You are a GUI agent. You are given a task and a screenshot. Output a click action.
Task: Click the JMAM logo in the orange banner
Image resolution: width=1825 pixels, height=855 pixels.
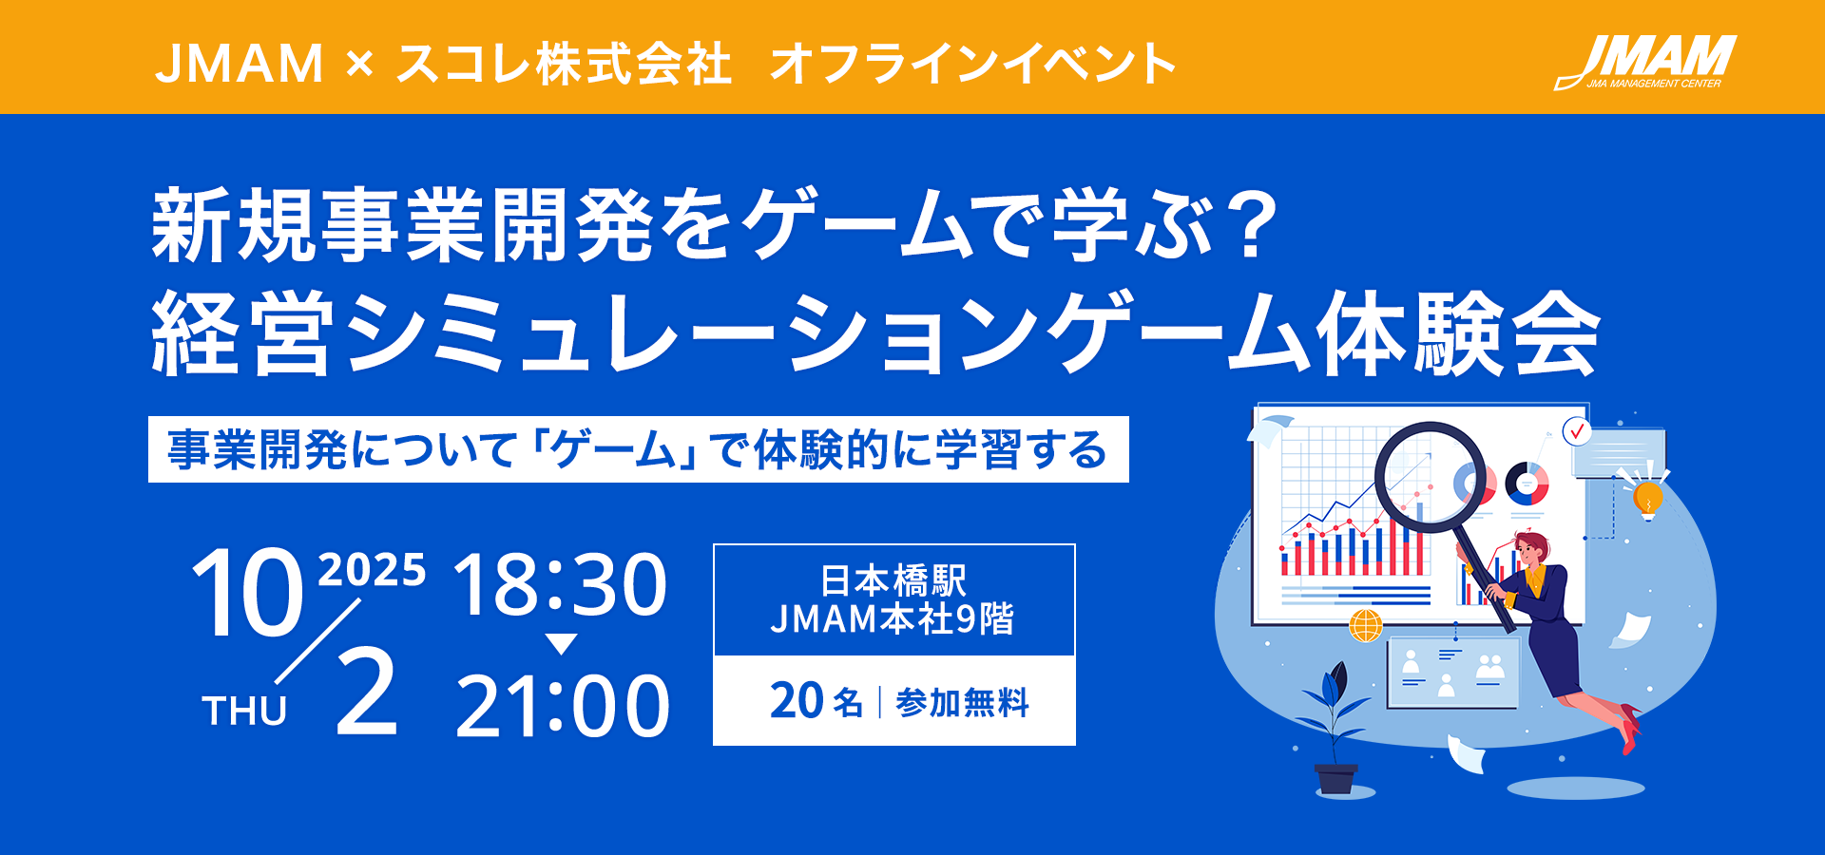point(1645,63)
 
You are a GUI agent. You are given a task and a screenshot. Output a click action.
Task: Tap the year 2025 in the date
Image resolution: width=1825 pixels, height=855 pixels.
point(372,570)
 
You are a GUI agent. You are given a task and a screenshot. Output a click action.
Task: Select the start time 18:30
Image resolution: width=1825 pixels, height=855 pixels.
point(561,584)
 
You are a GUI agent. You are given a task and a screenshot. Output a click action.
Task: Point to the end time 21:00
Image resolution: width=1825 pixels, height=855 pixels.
point(563,706)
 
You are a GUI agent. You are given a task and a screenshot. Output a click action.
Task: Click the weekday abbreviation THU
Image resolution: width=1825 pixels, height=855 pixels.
point(244,711)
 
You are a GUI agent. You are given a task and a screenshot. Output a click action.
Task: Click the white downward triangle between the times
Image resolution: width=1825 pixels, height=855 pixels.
point(562,644)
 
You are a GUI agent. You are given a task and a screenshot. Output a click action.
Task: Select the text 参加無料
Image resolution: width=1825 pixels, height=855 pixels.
point(962,703)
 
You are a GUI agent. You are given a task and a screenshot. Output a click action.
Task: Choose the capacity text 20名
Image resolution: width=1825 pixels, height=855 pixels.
point(816,702)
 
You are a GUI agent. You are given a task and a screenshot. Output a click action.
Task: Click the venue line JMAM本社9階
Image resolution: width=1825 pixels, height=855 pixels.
point(893,619)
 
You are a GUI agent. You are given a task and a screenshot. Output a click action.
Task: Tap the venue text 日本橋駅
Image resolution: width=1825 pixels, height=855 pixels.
point(893,580)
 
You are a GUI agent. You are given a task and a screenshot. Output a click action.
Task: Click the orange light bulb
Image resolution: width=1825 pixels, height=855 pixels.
point(1647,498)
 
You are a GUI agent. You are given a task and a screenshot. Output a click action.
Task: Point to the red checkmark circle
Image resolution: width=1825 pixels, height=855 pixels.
point(1577,431)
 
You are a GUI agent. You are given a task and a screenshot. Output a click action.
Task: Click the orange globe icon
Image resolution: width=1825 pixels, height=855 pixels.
point(1366,625)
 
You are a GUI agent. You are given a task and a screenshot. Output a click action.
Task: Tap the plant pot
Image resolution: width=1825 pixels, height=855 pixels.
point(1336,779)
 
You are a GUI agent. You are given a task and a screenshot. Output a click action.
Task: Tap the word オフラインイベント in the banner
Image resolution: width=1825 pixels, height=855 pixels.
point(972,64)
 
